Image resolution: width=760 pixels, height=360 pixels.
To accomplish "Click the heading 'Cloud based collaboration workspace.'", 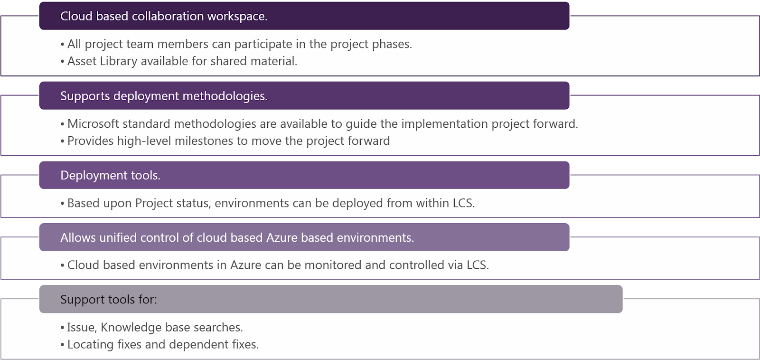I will (x=164, y=16).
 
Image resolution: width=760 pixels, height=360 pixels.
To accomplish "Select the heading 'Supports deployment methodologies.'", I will (x=164, y=96).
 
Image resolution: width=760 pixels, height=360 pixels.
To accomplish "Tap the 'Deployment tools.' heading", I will (x=110, y=175).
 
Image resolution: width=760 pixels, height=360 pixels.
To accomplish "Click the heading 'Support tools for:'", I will (x=108, y=300).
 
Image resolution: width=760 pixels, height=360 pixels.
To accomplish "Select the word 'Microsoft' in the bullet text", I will (x=93, y=124).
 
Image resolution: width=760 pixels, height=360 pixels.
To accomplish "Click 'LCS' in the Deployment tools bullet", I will (x=463, y=203).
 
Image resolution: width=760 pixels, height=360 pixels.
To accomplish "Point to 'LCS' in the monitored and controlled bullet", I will (x=477, y=265).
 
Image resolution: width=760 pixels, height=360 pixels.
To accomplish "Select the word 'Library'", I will (x=119, y=61).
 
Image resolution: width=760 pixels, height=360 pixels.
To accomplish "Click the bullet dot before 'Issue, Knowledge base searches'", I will (x=62, y=328).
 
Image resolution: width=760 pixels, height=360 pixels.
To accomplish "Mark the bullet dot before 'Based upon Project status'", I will (x=62, y=204).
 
